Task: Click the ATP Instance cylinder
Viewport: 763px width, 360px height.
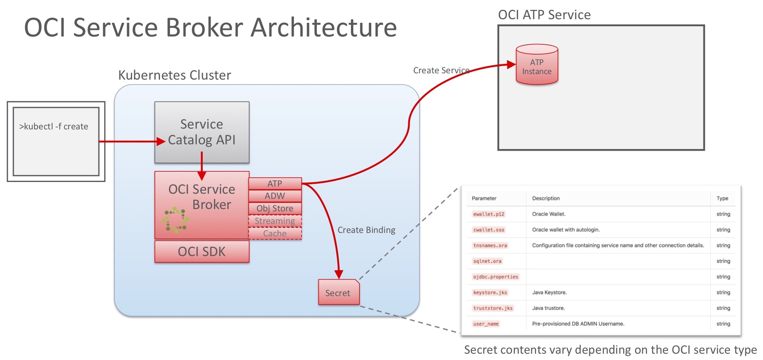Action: pos(537,65)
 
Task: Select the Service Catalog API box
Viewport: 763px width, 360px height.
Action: pos(202,132)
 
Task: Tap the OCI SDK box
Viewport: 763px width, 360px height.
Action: pos(202,251)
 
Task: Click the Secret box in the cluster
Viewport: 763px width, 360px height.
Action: pos(338,293)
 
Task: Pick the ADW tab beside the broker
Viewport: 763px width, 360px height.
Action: pos(275,196)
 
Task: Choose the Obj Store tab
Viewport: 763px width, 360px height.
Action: pos(275,208)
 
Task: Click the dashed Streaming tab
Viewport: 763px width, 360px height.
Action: pos(275,221)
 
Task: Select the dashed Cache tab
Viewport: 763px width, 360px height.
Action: pos(275,233)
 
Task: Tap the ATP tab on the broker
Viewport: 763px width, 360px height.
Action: pos(275,184)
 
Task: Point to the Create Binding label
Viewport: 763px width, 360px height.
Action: pos(366,230)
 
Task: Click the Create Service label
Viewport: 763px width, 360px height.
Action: pos(441,70)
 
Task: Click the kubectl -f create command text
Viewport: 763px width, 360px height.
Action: pos(54,126)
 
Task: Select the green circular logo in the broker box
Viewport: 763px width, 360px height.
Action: pos(176,220)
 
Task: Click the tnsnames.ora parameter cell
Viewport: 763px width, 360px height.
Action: pos(490,245)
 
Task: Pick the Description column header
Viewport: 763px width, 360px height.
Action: pos(545,198)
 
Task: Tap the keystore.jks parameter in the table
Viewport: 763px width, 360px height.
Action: pos(490,293)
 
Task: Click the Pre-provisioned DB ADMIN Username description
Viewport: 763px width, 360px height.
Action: pos(578,324)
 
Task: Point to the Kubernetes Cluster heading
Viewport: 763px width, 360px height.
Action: pos(174,75)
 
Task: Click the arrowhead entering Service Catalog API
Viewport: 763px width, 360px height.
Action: pos(161,142)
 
